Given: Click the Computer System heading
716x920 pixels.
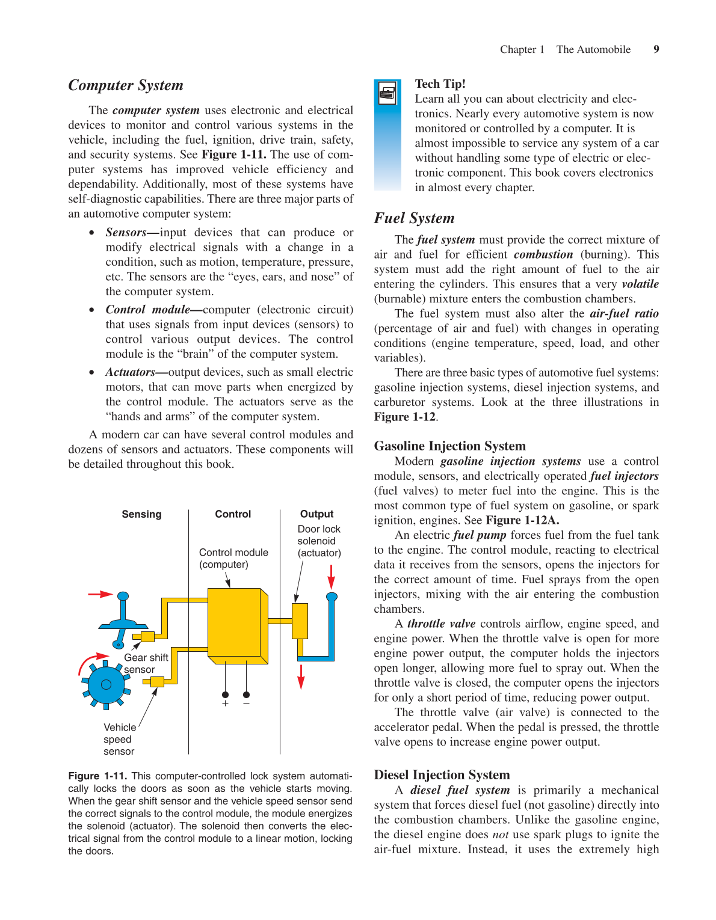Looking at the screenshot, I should coord(126,85).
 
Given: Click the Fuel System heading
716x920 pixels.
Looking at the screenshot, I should coord(414,218).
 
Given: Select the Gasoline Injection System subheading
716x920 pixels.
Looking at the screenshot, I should coord(449,446).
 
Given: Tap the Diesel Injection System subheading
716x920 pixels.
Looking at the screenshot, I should coord(442,775).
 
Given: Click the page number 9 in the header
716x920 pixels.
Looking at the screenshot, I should coord(656,49).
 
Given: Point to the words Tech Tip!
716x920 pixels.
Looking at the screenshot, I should coord(440,84).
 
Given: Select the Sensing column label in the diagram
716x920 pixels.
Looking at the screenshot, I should coord(141,514).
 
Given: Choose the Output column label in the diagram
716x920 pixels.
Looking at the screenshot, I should coord(316,514).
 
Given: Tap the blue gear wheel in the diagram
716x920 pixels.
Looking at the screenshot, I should coord(106,684).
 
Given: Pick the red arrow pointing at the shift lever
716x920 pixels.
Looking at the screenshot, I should coord(100,594).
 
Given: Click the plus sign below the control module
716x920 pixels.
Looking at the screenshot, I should coord(225,704).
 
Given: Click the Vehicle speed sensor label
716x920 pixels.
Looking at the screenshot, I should coord(119,740).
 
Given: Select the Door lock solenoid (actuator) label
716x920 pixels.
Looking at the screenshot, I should coord(319,541).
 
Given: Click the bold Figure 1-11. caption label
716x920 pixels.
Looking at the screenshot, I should coord(97,776).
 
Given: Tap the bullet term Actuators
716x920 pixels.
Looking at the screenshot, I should coord(131,372).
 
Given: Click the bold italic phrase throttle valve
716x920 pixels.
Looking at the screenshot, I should coord(441,624).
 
